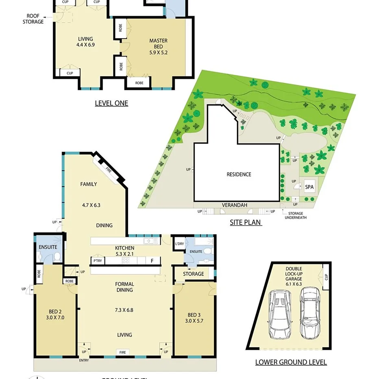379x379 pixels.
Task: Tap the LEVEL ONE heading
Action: [x=111, y=103]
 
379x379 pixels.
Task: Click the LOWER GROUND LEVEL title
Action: [x=291, y=362]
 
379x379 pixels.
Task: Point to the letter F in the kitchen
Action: [x=152, y=261]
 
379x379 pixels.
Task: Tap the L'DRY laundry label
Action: [x=179, y=244]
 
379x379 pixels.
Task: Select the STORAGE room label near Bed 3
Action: [x=193, y=274]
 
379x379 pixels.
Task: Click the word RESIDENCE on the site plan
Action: [x=239, y=174]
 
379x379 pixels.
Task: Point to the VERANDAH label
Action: [x=235, y=205]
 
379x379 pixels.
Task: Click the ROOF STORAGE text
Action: [x=33, y=19]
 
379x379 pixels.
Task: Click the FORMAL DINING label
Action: [x=124, y=287]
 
